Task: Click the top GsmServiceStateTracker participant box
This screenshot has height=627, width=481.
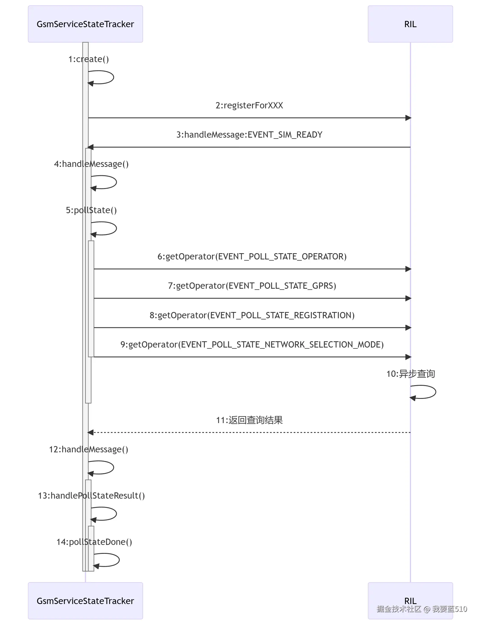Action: coord(85,24)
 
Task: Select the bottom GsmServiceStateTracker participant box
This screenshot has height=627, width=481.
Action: coord(85,601)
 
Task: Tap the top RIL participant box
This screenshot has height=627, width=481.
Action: coord(410,24)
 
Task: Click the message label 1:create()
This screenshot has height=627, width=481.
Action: coord(88,59)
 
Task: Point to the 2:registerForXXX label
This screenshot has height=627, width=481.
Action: coord(249,105)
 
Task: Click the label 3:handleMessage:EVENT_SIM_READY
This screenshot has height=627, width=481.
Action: coord(249,135)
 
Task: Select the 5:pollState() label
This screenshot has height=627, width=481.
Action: coord(91,210)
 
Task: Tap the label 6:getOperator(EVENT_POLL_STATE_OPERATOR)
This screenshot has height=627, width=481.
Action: coord(252,256)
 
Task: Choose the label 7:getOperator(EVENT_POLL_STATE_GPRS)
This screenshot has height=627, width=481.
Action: coord(252,286)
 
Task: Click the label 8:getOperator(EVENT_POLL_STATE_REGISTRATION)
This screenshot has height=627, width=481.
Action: coord(252,315)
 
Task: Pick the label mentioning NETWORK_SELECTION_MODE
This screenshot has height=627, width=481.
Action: coord(252,345)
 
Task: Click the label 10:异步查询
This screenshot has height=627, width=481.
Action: coord(410,374)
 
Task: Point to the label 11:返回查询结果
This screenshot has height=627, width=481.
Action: coord(249,420)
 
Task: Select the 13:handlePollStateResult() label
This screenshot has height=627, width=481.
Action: coord(91,496)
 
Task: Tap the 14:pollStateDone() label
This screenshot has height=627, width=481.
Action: coord(94,542)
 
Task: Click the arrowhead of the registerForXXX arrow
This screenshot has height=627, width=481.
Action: coord(408,118)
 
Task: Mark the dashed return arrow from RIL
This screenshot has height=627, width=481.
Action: coord(249,432)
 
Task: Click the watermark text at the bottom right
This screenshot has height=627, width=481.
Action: coord(422,609)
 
